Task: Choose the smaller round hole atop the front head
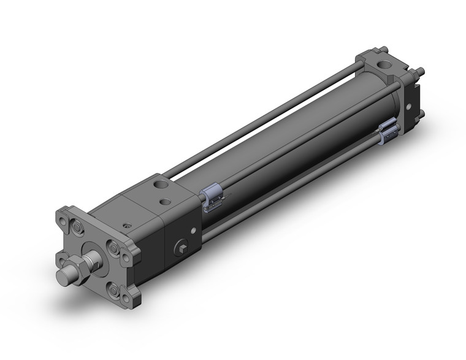point(164,200)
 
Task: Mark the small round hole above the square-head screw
point(195,231)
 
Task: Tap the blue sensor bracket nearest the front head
point(210,197)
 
